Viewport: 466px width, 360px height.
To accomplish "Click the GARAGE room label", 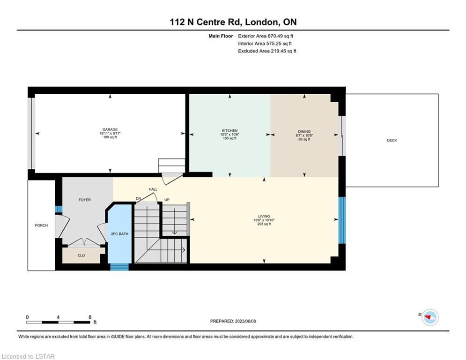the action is pyautogui.click(x=110, y=129).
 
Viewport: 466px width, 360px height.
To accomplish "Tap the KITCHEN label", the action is pyautogui.click(x=230, y=131).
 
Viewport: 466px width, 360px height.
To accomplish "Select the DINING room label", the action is pyautogui.click(x=304, y=132).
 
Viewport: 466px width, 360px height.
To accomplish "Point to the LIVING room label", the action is pyautogui.click(x=264, y=216).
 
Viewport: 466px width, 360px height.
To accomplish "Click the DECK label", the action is pyautogui.click(x=392, y=140).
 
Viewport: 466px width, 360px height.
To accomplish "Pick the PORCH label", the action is pyautogui.click(x=41, y=225).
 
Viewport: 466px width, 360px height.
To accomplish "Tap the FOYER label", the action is pyautogui.click(x=85, y=200).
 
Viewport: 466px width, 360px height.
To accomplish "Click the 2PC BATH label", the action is pyautogui.click(x=120, y=234).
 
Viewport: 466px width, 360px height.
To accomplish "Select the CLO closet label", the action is pyautogui.click(x=81, y=255).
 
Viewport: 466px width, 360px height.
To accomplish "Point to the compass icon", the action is pyautogui.click(x=430, y=317).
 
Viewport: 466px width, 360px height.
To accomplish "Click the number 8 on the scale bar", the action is pyautogui.click(x=90, y=317).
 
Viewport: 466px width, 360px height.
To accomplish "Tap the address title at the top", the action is pyautogui.click(x=233, y=22).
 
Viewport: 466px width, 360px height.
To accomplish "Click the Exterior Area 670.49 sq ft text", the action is pyautogui.click(x=266, y=36).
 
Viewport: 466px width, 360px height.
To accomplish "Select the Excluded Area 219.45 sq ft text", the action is pyautogui.click(x=267, y=51).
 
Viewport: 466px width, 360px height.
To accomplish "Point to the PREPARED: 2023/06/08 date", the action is pyautogui.click(x=233, y=321).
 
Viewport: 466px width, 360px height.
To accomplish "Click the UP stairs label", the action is pyautogui.click(x=167, y=200).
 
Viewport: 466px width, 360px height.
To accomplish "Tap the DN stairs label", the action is pyautogui.click(x=139, y=198).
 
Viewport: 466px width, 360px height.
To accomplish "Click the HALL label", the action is pyautogui.click(x=153, y=189).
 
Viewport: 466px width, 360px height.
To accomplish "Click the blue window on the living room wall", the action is pyautogui.click(x=342, y=220).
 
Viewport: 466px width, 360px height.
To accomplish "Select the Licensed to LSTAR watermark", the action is pyautogui.click(x=28, y=356).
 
